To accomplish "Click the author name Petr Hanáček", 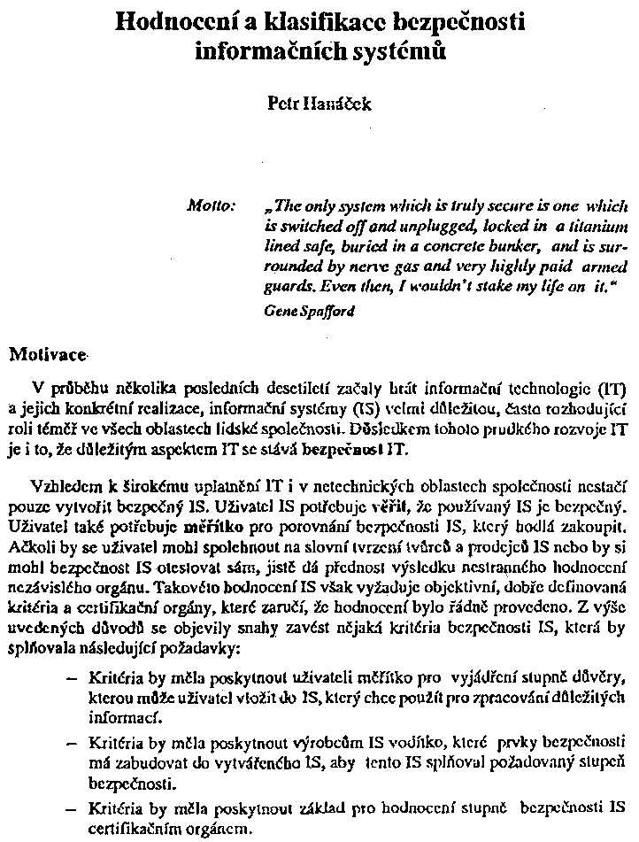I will [x=319, y=104].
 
